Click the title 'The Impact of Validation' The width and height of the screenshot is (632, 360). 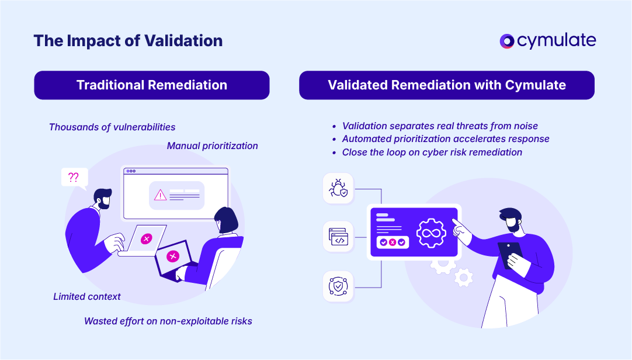click(x=128, y=41)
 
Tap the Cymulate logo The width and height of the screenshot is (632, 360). click(x=548, y=40)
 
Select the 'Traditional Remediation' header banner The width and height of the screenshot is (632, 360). click(x=152, y=85)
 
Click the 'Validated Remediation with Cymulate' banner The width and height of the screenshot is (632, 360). click(x=447, y=85)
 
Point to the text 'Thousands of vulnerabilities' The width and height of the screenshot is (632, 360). click(x=112, y=127)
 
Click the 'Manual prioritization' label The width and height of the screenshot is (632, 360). click(x=213, y=146)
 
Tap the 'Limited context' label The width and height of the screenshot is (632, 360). click(x=87, y=296)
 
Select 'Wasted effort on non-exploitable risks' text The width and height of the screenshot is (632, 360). click(x=168, y=321)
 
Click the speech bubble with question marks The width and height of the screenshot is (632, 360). click(x=74, y=178)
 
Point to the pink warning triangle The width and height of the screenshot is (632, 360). click(x=160, y=195)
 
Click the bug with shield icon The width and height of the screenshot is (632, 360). click(x=338, y=188)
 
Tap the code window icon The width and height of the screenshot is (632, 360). click(x=338, y=237)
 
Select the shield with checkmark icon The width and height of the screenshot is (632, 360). click(x=338, y=286)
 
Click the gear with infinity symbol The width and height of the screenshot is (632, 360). click(x=431, y=232)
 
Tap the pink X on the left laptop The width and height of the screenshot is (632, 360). click(x=147, y=238)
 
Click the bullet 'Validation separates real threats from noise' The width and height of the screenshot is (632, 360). click(x=440, y=126)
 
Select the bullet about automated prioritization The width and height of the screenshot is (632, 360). click(x=446, y=139)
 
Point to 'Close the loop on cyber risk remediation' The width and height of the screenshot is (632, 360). click(x=432, y=152)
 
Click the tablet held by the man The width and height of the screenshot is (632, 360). click(x=509, y=255)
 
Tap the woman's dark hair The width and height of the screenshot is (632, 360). click(x=227, y=220)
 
